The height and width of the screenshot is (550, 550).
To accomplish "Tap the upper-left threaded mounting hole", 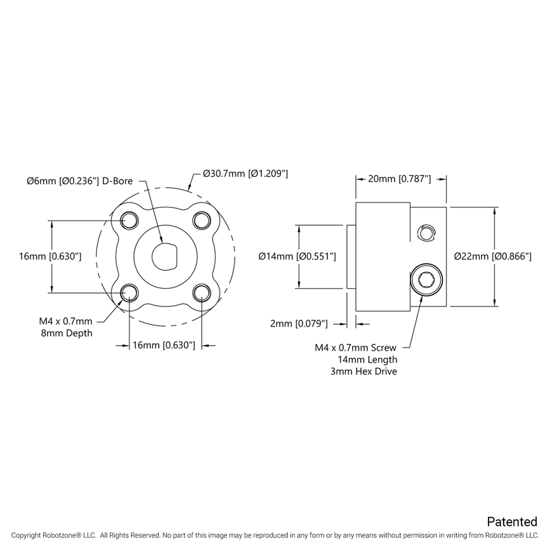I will (x=129, y=220).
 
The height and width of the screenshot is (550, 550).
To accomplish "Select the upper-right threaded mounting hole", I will (x=202, y=220).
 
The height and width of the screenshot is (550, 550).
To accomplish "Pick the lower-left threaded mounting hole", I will (x=129, y=292).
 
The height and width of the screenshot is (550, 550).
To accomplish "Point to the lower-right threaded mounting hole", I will (x=202, y=292).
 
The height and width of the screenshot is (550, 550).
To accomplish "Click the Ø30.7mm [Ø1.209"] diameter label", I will (x=246, y=173).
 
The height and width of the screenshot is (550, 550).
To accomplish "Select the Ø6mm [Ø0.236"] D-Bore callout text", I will (x=80, y=181).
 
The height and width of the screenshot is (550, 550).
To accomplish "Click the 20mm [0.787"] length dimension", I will (x=400, y=179).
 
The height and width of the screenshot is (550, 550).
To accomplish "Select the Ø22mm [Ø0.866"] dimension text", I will (x=493, y=256).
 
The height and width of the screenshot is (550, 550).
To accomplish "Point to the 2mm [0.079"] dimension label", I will (x=299, y=324).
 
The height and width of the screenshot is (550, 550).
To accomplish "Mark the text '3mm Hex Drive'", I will (x=364, y=371).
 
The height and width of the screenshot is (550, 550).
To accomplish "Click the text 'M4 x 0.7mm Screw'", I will (x=356, y=347).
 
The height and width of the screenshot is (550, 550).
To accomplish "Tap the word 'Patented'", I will (x=511, y=521).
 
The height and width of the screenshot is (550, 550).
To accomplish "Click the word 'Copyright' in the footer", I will (x=25, y=536).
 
